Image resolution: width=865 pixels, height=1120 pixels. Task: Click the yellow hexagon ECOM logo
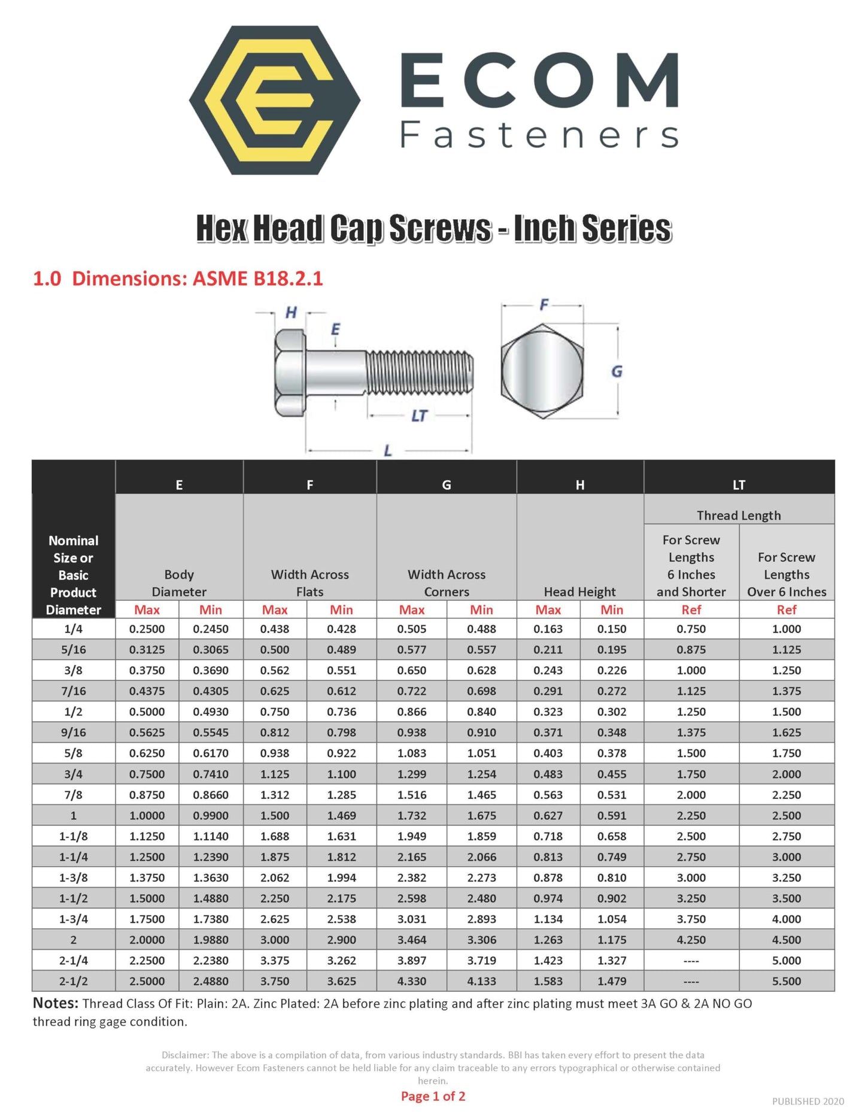coord(275,100)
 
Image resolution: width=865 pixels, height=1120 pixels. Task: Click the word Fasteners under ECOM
coord(539,135)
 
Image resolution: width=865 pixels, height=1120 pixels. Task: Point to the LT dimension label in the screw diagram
coord(419,416)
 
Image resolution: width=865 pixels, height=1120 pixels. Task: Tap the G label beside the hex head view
coord(617,372)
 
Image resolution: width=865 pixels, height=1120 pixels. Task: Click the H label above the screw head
coord(291,312)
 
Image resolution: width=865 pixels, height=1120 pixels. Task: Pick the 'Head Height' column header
coord(579,592)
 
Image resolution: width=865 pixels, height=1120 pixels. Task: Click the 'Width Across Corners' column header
coord(447,583)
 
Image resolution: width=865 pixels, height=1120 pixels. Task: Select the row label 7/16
coord(74,691)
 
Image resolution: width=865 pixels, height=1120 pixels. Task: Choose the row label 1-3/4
coord(74,919)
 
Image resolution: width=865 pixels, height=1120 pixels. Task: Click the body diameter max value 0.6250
coord(147,753)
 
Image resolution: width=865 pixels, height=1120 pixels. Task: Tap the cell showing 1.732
coord(412,816)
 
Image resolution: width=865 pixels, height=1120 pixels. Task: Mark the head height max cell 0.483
coord(548,774)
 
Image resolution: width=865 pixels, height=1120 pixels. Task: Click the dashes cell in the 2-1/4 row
coord(691,961)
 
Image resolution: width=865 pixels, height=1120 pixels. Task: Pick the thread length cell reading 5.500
coord(786,981)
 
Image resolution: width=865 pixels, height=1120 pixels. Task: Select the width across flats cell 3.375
coord(275,961)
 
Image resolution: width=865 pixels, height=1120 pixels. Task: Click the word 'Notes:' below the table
coord(56,1003)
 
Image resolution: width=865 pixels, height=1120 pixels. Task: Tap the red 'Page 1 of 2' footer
coord(433,1096)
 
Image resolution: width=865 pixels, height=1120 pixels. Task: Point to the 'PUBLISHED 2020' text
coord(808,1101)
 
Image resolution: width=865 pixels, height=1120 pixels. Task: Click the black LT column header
coord(739,485)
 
